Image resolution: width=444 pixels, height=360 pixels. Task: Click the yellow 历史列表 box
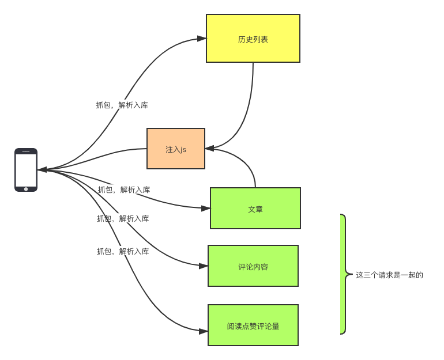[253, 38]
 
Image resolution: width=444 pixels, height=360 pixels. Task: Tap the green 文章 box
[255, 208]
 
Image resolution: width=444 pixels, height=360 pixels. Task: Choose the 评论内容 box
[253, 266]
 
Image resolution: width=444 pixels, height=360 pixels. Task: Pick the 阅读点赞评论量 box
[253, 325]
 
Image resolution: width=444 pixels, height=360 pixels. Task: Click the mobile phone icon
[26, 169]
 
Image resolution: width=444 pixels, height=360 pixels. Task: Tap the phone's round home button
[26, 188]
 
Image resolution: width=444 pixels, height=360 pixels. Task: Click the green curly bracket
[343, 274]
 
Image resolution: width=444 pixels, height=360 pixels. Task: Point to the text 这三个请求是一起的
[389, 275]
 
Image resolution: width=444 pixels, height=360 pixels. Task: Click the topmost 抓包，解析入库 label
[122, 105]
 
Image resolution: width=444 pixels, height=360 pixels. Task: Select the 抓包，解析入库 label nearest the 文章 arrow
[124, 190]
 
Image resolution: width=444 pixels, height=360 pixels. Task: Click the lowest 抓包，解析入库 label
[123, 251]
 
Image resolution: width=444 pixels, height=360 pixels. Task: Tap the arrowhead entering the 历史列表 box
[202, 39]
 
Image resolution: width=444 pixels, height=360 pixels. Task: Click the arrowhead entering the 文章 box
[206, 207]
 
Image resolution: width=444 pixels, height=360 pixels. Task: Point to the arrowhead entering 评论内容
[204, 266]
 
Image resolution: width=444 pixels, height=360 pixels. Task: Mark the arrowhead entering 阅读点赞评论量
[204, 331]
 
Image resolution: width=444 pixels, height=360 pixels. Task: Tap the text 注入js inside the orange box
[176, 149]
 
